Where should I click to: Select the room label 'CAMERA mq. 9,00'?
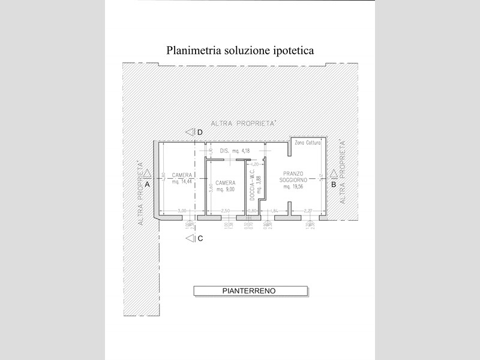click(x=225, y=185)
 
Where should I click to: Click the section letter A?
click(x=147, y=185)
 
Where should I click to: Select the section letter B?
click(x=334, y=185)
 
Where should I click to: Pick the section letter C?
click(x=200, y=239)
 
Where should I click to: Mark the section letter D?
click(x=200, y=132)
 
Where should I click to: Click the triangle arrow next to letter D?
click(x=190, y=132)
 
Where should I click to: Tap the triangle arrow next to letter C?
click(x=190, y=239)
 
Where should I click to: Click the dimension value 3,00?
click(x=182, y=210)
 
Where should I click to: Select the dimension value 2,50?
click(x=226, y=210)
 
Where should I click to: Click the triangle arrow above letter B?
click(x=334, y=175)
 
